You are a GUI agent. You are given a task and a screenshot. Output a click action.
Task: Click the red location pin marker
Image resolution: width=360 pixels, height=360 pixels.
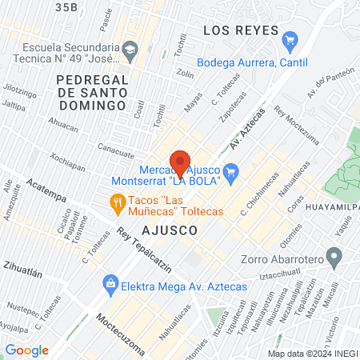pos(180,162)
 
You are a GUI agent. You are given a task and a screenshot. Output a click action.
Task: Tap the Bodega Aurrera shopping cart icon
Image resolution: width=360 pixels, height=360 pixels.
pos(290,38)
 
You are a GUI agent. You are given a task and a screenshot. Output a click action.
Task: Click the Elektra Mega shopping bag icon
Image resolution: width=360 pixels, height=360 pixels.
pos(109,282)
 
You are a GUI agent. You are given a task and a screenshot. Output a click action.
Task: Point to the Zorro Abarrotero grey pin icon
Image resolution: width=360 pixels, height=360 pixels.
pos(336,258)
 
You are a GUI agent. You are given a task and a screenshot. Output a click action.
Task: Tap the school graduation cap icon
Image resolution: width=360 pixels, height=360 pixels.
pos(128,50)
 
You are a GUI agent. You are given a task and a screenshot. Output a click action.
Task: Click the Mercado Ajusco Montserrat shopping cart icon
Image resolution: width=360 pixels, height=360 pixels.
pos(232,170)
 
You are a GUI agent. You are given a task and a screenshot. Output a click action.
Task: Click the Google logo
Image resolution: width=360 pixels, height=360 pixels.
pos(27,350)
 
